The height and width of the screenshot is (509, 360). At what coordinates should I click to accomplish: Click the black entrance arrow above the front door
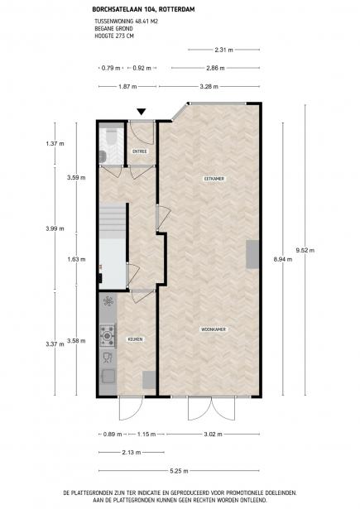(x=141, y=112)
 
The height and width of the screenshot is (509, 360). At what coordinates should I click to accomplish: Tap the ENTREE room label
(x=140, y=151)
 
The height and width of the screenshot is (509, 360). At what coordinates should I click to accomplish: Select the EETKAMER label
(x=214, y=179)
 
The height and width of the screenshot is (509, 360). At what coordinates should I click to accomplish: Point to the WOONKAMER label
(x=214, y=329)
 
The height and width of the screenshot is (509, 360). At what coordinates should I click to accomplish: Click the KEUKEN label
(x=136, y=339)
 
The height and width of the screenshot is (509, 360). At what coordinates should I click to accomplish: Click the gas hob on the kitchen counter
(x=108, y=336)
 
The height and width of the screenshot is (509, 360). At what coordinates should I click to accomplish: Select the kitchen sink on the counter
(x=108, y=377)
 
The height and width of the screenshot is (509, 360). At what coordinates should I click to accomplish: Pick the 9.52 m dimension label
(x=305, y=250)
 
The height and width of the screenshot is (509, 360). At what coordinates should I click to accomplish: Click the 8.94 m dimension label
(x=283, y=259)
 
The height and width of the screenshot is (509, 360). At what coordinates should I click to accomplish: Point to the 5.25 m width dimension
(x=179, y=471)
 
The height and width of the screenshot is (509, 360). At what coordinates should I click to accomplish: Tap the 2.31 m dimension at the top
(x=223, y=50)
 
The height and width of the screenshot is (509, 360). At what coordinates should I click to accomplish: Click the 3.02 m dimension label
(x=213, y=434)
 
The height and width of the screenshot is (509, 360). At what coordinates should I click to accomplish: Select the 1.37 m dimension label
(x=55, y=143)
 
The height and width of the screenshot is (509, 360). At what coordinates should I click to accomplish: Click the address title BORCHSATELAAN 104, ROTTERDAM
(x=143, y=10)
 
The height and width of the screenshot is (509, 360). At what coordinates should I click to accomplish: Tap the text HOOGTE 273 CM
(x=114, y=36)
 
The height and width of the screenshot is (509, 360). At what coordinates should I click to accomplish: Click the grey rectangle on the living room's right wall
(x=252, y=254)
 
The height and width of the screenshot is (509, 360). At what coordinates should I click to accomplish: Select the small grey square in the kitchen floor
(x=149, y=380)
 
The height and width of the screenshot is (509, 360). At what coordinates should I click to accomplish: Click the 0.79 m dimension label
(x=111, y=68)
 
